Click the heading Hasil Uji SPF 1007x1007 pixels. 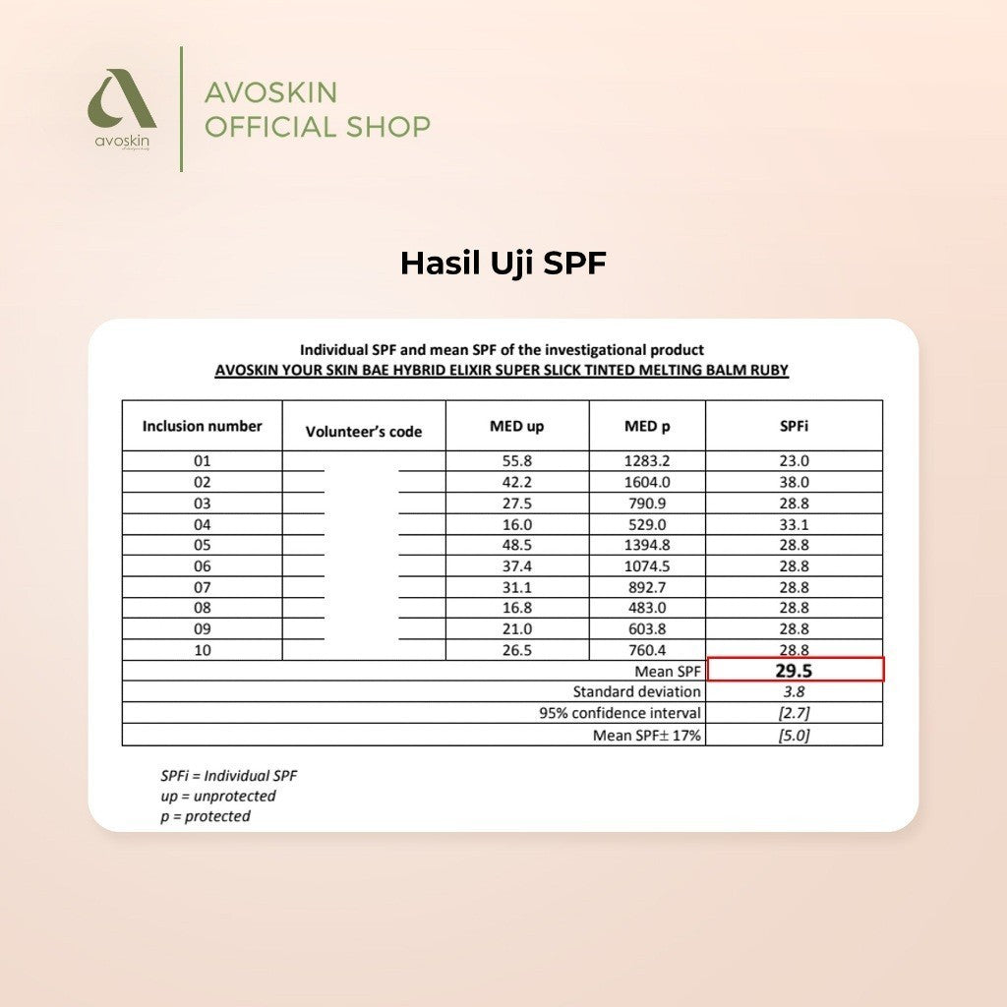[503, 264]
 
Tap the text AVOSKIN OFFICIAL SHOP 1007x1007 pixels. [317, 109]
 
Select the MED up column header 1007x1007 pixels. [516, 426]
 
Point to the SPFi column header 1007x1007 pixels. [794, 426]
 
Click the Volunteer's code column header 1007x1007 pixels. [364, 431]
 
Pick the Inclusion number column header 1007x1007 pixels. [203, 426]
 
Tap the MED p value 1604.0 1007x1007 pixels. [646, 482]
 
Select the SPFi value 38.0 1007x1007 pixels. [794, 482]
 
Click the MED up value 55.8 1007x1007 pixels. [516, 460]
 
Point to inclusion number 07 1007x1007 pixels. [203, 586]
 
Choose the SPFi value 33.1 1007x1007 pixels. [794, 524]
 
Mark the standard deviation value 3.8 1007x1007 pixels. [794, 691]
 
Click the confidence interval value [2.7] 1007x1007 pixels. [794, 713]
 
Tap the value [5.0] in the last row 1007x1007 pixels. [794, 735]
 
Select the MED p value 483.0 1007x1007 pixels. [646, 608]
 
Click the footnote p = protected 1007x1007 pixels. [206, 816]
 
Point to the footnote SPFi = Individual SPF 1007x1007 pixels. [228, 775]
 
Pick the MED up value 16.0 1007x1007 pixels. [516, 524]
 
